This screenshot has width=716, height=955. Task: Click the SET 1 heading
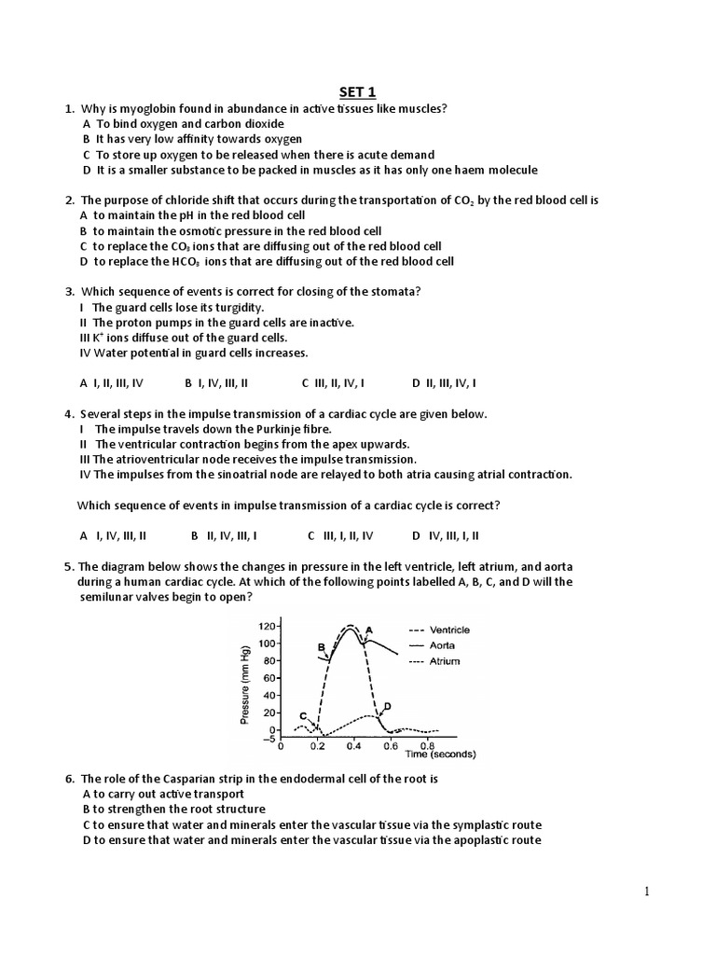pyautogui.click(x=358, y=90)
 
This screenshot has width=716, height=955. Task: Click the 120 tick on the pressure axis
pyautogui.click(x=268, y=627)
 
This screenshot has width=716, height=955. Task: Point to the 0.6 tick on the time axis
pyautogui.click(x=392, y=746)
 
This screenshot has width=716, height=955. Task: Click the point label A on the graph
pyautogui.click(x=369, y=629)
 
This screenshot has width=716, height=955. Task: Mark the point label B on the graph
pyautogui.click(x=321, y=646)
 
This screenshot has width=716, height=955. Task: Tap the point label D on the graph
pyautogui.click(x=387, y=706)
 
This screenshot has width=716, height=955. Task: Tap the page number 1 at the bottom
pyautogui.click(x=648, y=893)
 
